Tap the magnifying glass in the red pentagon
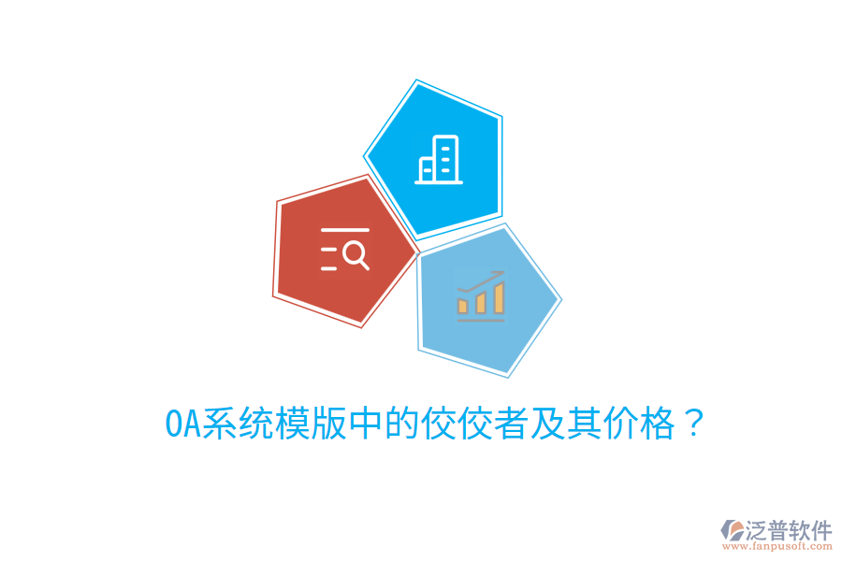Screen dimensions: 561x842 coord(356,253)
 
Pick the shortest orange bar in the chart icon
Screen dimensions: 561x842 coord(462,306)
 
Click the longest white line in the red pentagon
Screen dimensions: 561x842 coord(344,229)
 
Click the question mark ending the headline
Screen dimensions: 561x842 coord(693,424)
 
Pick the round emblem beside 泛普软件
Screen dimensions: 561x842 coord(730,534)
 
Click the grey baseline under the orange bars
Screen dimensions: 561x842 coord(481,320)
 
